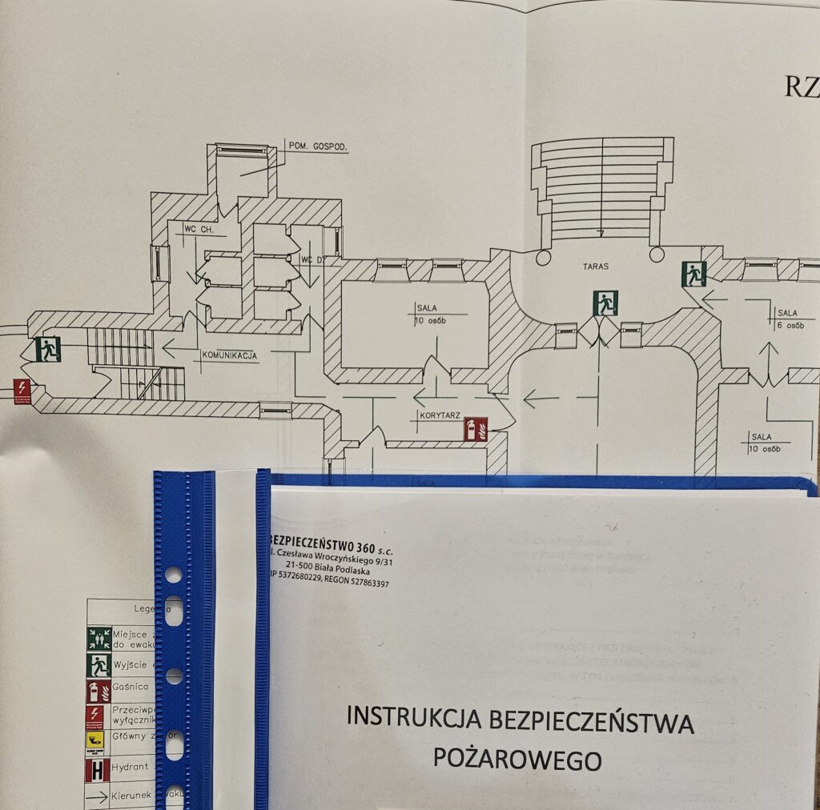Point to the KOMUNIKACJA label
230,355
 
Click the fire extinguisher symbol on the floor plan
476,429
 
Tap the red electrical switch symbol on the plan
22,391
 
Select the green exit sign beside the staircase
48,349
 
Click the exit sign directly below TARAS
605,303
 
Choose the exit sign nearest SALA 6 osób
693,274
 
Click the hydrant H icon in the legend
98,770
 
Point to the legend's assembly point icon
98,638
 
